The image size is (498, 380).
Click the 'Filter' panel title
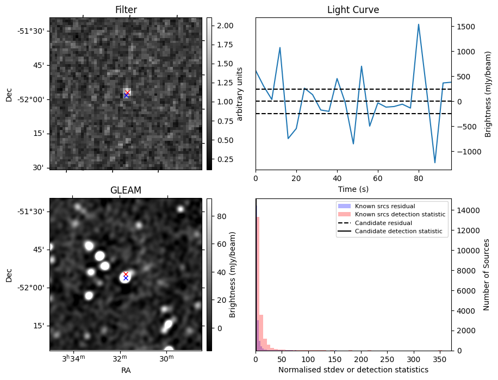click(126, 10)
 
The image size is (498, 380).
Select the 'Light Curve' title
click(353, 10)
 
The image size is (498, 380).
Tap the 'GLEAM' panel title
click(126, 190)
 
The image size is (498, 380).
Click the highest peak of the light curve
click(419, 24)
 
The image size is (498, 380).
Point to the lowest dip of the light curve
click(435, 163)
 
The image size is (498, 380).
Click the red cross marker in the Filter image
click(127, 92)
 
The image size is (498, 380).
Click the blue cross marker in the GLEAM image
click(126, 278)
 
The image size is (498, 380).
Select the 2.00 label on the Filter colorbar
click(225, 26)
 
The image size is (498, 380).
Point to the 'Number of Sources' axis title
click(487, 275)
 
